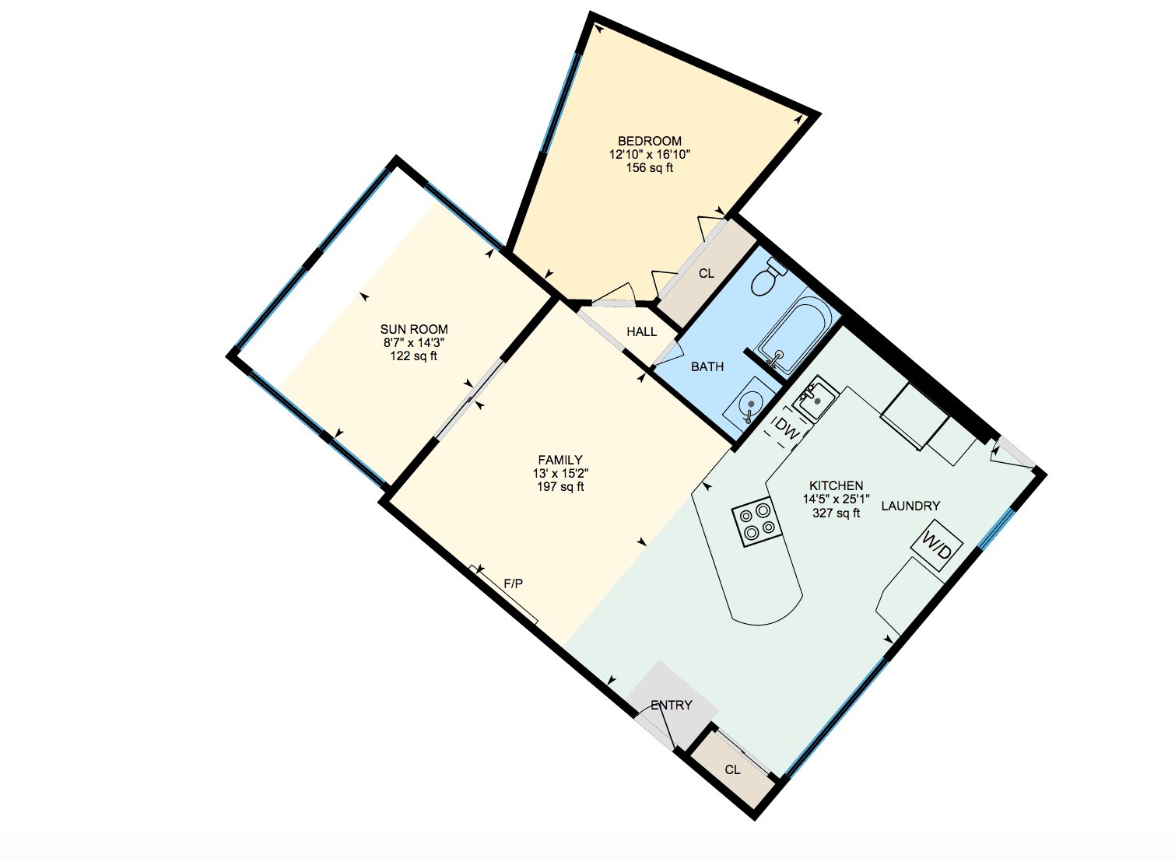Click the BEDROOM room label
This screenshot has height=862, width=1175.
point(650,142)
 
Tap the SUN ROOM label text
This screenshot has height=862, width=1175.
point(414,330)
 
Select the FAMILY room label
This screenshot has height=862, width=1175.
point(560,461)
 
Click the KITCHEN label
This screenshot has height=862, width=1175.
point(837,485)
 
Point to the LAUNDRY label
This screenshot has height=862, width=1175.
point(910,506)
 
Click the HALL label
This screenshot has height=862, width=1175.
point(642,332)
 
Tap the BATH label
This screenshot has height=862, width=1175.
point(707,366)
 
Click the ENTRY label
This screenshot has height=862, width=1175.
point(672,705)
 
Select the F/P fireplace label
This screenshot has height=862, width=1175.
point(513,583)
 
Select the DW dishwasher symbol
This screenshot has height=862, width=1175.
point(787,430)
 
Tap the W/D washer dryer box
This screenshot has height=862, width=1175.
point(937,545)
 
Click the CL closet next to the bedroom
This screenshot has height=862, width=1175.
point(707,274)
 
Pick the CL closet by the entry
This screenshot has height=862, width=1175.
point(732,769)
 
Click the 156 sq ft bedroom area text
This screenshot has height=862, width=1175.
point(650,168)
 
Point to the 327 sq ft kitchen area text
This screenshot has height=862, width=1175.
point(837,513)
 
